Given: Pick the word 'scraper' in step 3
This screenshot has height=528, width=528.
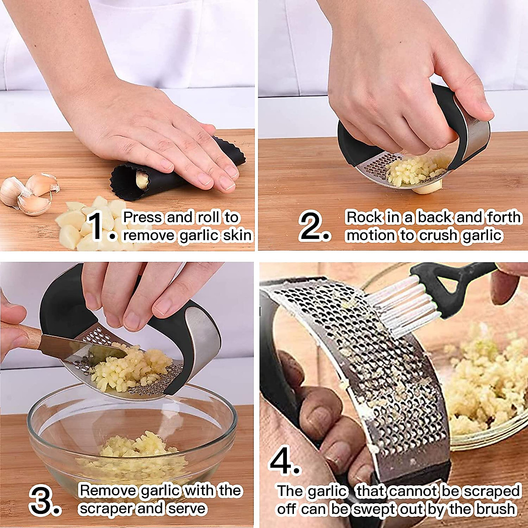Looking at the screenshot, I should point(106,509).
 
